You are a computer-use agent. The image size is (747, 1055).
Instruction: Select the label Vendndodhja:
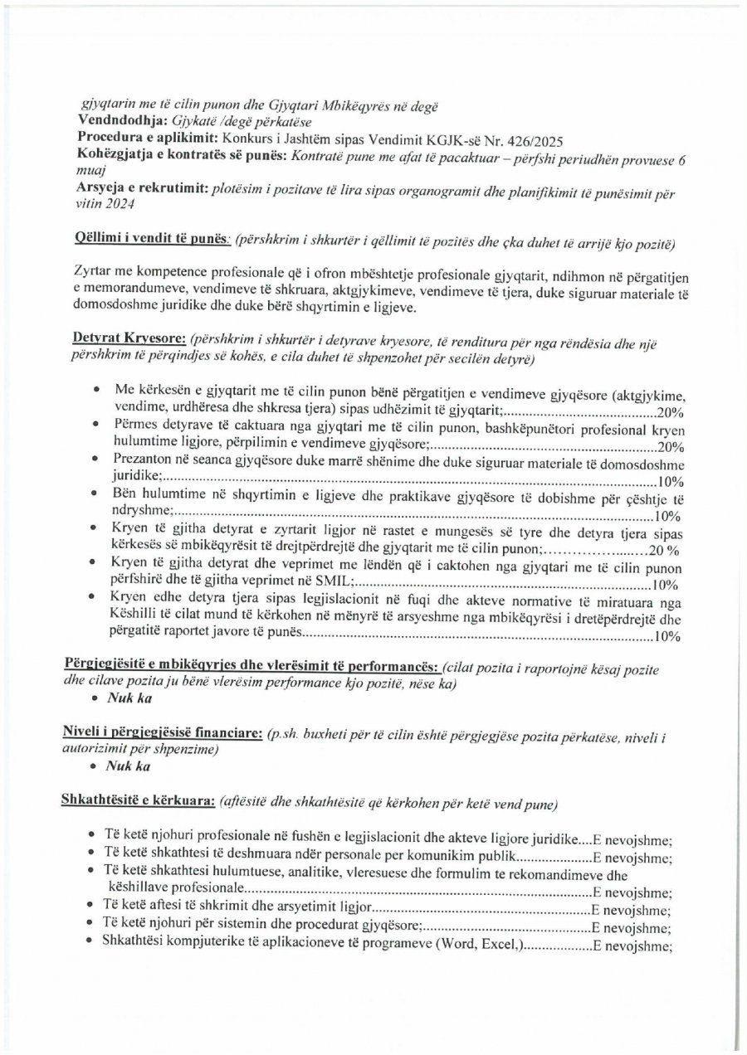tap(115, 121)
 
